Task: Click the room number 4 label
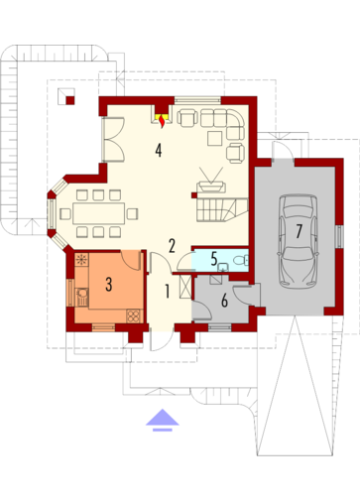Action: (x=158, y=150)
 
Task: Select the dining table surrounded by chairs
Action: (x=98, y=211)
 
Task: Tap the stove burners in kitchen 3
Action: (x=82, y=263)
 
